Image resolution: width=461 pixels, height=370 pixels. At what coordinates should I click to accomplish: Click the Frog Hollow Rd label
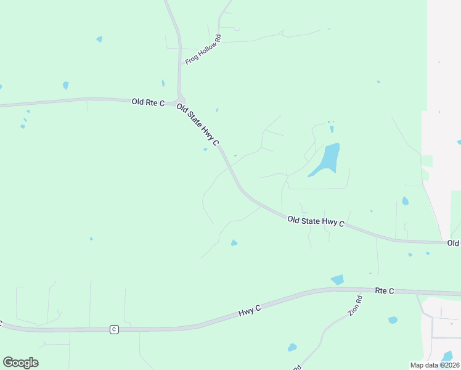pyautogui.click(x=203, y=50)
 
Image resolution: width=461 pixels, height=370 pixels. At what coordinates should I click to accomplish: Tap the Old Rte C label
pyautogui.click(x=148, y=102)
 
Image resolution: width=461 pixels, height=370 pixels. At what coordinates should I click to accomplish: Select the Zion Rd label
pyautogui.click(x=354, y=305)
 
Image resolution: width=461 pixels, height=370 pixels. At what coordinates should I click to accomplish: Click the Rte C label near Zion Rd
pyautogui.click(x=384, y=290)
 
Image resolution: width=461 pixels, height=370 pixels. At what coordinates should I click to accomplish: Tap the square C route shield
pyautogui.click(x=114, y=329)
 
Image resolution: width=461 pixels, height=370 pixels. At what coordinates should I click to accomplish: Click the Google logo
pyautogui.click(x=20, y=363)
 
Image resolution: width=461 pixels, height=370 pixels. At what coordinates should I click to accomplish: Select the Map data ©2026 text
pyautogui.click(x=434, y=365)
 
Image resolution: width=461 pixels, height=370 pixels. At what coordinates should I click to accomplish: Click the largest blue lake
pyautogui.click(x=327, y=159)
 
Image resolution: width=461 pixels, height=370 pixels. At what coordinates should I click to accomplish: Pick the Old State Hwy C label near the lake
pyautogui.click(x=316, y=220)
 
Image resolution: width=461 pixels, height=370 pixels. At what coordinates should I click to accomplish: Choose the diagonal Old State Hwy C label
pyautogui.click(x=198, y=125)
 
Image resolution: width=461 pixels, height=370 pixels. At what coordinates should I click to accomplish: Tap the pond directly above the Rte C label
pyautogui.click(x=337, y=280)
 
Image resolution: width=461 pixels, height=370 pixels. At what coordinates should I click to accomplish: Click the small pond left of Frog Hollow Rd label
pyautogui.click(x=163, y=83)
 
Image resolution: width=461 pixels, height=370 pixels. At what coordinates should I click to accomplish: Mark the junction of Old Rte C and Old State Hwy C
pyautogui.click(x=180, y=100)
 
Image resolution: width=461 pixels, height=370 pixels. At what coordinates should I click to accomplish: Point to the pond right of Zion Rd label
pyautogui.click(x=393, y=320)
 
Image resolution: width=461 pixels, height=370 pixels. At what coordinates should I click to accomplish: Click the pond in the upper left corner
pyautogui.click(x=99, y=39)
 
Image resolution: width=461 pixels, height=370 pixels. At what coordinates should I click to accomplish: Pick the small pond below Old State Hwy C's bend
pyautogui.click(x=234, y=243)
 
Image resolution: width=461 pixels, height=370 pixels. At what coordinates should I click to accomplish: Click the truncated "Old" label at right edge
pyautogui.click(x=454, y=244)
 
